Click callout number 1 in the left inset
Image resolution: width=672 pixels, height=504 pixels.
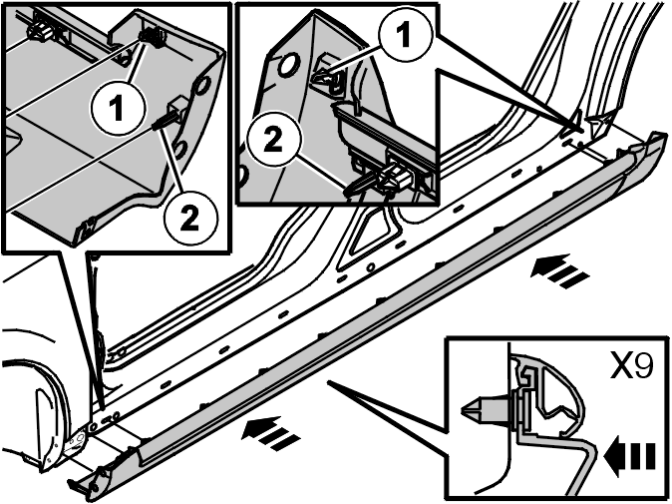tap(118, 108)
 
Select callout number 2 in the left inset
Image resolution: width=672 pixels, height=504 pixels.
tap(190, 219)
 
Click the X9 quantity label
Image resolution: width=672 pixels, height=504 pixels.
tap(631, 366)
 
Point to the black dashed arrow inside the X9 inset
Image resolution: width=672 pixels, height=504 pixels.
tap(629, 455)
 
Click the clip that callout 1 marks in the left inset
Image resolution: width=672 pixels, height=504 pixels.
tap(153, 37)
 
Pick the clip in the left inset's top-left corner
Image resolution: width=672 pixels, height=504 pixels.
tap(40, 30)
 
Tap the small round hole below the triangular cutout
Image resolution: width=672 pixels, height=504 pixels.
tap(371, 267)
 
